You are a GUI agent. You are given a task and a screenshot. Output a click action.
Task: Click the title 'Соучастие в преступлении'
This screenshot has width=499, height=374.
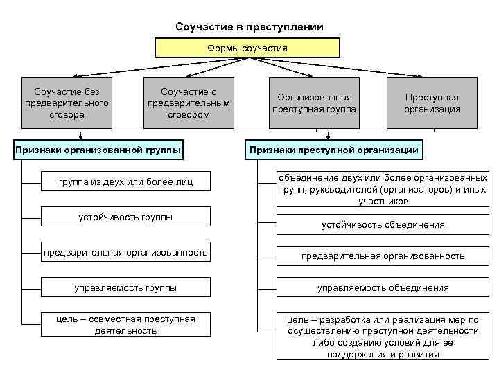[x=249, y=27]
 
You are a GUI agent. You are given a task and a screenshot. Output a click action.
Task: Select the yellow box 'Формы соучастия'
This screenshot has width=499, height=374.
[x=247, y=48]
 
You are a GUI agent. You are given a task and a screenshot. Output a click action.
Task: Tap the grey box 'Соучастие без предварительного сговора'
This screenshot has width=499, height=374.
[x=67, y=103]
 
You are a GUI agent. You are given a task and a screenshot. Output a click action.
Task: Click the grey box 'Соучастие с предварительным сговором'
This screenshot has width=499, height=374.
[x=189, y=103]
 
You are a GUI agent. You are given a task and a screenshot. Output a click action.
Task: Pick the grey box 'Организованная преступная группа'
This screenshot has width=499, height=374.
[x=314, y=103]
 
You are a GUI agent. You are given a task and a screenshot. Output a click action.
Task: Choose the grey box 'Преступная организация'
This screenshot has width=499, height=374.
[x=432, y=103]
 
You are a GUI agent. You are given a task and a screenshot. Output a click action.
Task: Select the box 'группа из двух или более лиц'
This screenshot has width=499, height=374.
[x=126, y=182]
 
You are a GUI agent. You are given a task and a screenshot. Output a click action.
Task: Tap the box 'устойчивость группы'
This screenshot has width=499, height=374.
[x=126, y=217]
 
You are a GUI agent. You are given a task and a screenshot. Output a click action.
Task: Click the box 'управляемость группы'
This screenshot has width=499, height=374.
[x=126, y=287]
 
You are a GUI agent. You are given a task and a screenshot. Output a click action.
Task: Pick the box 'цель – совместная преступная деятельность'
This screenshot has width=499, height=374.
[x=126, y=324]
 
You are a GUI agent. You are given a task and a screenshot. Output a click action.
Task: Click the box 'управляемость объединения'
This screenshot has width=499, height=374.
[x=383, y=287]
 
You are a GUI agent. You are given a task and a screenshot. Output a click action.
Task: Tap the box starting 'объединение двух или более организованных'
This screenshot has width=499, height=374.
[x=383, y=189]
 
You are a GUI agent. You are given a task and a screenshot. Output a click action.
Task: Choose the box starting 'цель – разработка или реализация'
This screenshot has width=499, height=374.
[x=383, y=337]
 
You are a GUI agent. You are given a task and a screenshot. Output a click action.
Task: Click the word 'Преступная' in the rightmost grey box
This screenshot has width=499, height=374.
[x=432, y=98]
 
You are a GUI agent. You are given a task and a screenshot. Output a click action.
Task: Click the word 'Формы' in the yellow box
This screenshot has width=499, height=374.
[x=222, y=48]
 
